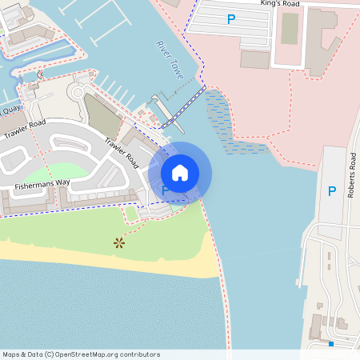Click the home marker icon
tap(180, 172)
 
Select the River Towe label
tap(170, 59)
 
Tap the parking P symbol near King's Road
tap(231, 18)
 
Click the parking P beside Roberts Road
tap(331, 191)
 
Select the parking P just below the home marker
tap(166, 191)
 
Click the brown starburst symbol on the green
tap(119, 242)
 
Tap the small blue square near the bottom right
tap(330, 343)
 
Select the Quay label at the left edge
tap(10, 110)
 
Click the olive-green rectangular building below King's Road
tap(289, 29)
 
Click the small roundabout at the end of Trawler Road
tap(78, 91)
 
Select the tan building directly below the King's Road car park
tap(254, 60)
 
